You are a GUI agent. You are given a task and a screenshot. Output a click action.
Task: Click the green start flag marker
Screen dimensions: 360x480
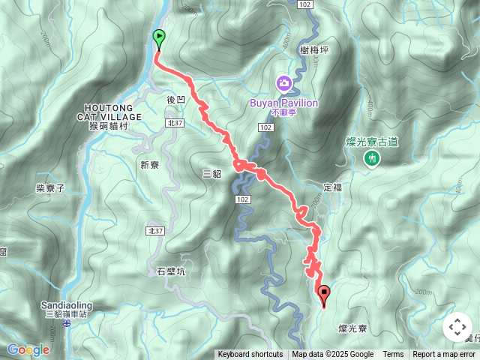[x=159, y=38]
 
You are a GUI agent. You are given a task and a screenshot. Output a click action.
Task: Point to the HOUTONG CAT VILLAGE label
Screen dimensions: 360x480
[x=109, y=112]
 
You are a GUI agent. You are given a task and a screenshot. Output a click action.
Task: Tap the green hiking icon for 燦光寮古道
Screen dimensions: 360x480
[x=370, y=157]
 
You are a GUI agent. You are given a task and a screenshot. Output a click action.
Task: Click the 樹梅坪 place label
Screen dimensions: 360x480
[x=313, y=49]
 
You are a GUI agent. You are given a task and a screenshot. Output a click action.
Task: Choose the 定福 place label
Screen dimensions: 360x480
[x=333, y=187]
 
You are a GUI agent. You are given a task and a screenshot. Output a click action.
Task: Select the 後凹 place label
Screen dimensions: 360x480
[x=174, y=99]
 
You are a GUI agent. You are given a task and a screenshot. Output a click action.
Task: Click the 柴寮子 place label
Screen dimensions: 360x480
[x=51, y=188]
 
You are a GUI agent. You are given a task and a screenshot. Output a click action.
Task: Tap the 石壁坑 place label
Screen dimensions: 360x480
[x=171, y=271]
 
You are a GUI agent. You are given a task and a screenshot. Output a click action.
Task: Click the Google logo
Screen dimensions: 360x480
[x=28, y=349]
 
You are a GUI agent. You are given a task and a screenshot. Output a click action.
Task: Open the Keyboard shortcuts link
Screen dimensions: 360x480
[x=250, y=355]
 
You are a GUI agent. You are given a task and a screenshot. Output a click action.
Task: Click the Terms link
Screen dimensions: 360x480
[x=393, y=355]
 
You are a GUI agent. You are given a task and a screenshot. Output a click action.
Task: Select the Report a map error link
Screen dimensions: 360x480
[x=445, y=355]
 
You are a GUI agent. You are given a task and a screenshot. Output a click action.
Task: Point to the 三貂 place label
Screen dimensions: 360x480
[x=213, y=173]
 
